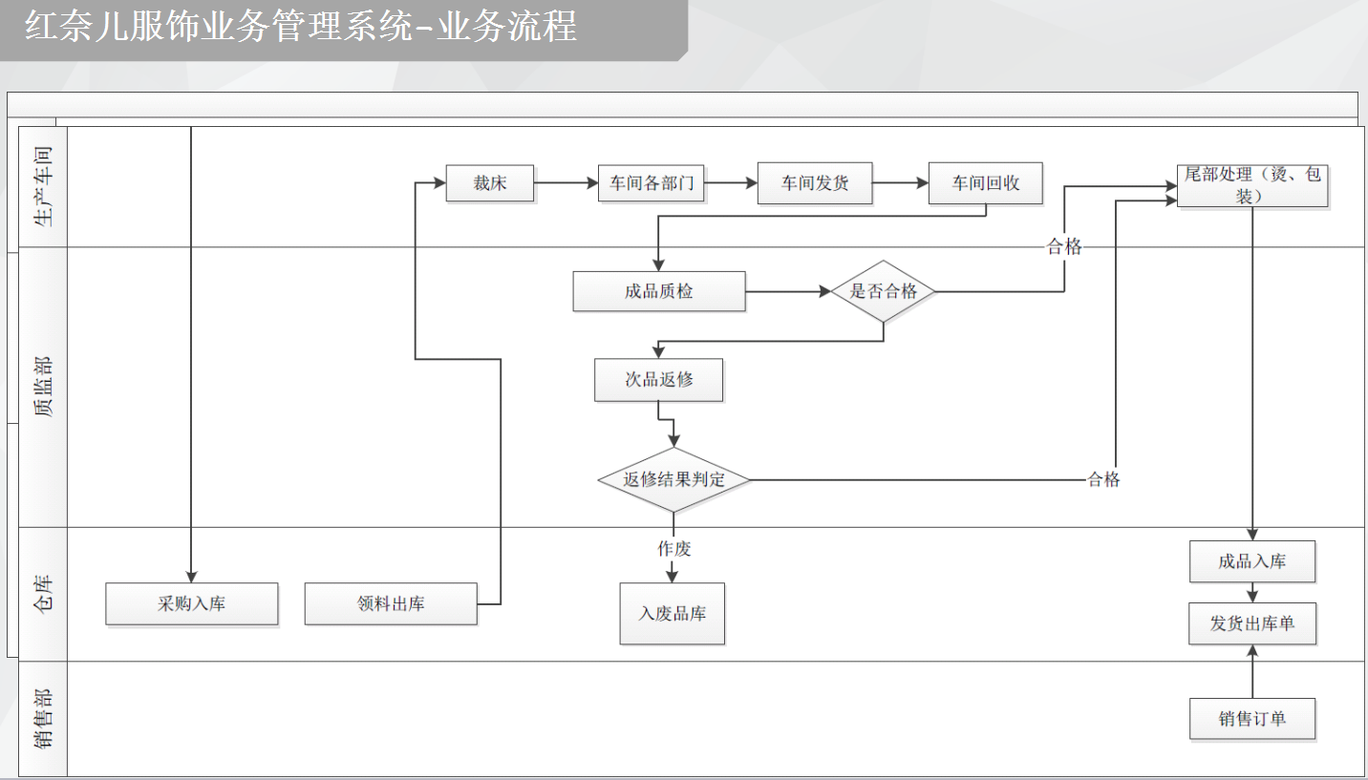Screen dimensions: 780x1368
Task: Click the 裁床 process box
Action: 489,184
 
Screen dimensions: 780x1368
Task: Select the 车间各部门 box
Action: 652,184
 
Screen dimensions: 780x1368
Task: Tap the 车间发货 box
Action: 815,184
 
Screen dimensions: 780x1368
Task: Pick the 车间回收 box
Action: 985,184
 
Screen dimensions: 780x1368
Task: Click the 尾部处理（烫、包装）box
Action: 1251,185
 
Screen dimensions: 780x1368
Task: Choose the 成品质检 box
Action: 658,291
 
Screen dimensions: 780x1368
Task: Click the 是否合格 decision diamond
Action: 883,291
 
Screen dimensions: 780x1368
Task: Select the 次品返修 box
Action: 658,380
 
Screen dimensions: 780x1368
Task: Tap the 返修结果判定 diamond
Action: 673,479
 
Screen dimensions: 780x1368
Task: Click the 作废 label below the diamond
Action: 673,549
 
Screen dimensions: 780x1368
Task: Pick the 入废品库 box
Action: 672,614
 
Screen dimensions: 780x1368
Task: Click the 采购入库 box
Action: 191,604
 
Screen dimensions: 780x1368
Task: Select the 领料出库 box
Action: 391,604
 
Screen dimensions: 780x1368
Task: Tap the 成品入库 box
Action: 1251,561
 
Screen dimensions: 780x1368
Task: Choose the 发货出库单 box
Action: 1251,623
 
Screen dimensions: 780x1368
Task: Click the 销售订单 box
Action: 1251,719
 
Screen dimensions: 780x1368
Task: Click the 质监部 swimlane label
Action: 44,388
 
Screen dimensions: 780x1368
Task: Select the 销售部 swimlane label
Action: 44,718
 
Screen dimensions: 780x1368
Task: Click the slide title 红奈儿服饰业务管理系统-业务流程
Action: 301,27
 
